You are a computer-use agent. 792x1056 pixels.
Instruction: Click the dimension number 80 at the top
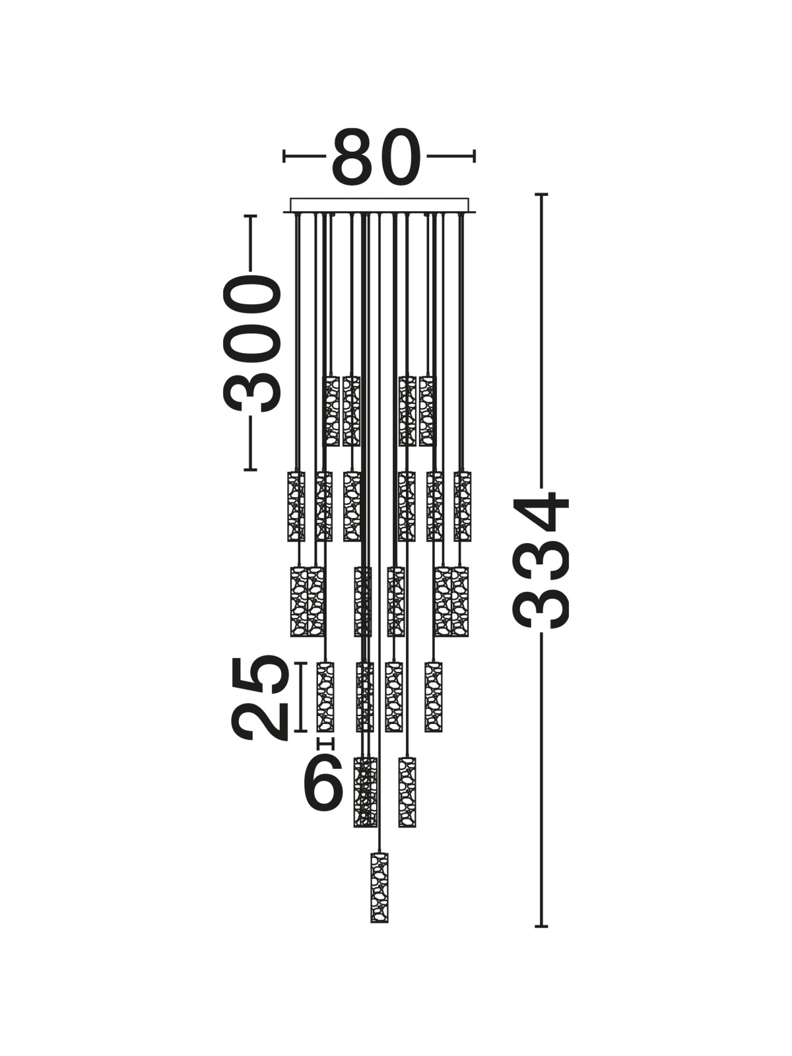(x=376, y=157)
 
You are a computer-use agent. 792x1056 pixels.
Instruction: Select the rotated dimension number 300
(x=251, y=343)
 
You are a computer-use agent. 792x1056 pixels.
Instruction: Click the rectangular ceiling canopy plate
(x=379, y=205)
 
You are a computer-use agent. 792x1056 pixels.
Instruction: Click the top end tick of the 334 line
(x=541, y=194)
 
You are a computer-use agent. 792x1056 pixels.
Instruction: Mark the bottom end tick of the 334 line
(x=541, y=926)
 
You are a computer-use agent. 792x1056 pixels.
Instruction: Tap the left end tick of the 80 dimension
(x=284, y=156)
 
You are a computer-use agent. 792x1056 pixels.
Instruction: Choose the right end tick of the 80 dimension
(x=474, y=156)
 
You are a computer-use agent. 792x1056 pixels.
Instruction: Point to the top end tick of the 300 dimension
(x=250, y=216)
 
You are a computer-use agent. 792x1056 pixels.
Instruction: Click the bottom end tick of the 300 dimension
(x=250, y=469)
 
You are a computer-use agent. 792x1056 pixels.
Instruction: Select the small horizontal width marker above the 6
(x=325, y=757)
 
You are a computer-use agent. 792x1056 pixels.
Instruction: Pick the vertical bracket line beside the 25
(x=300, y=704)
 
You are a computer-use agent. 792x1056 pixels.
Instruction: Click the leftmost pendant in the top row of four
(x=331, y=411)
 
